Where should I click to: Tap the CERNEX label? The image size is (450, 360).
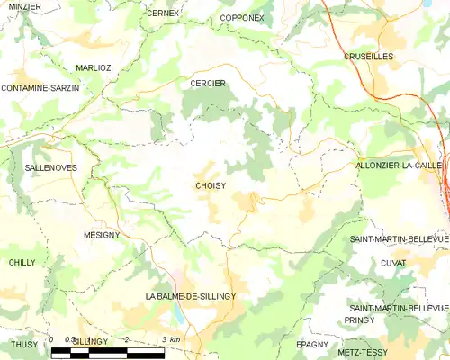point(163,13)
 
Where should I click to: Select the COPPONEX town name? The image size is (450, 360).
point(242,17)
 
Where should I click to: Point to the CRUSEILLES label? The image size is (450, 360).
point(369,56)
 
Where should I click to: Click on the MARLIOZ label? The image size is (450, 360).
point(94,67)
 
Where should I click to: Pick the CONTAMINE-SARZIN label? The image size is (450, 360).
point(40,88)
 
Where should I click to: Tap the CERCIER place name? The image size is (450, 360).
point(208,84)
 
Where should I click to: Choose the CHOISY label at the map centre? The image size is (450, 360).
point(210,186)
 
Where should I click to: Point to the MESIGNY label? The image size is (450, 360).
point(102,235)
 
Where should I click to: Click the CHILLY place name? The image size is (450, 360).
point(22,262)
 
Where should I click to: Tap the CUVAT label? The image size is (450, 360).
point(393,263)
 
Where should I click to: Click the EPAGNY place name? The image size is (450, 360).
point(311,344)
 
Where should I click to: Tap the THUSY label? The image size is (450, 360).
point(24,344)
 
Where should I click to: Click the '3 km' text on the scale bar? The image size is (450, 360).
point(169,338)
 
